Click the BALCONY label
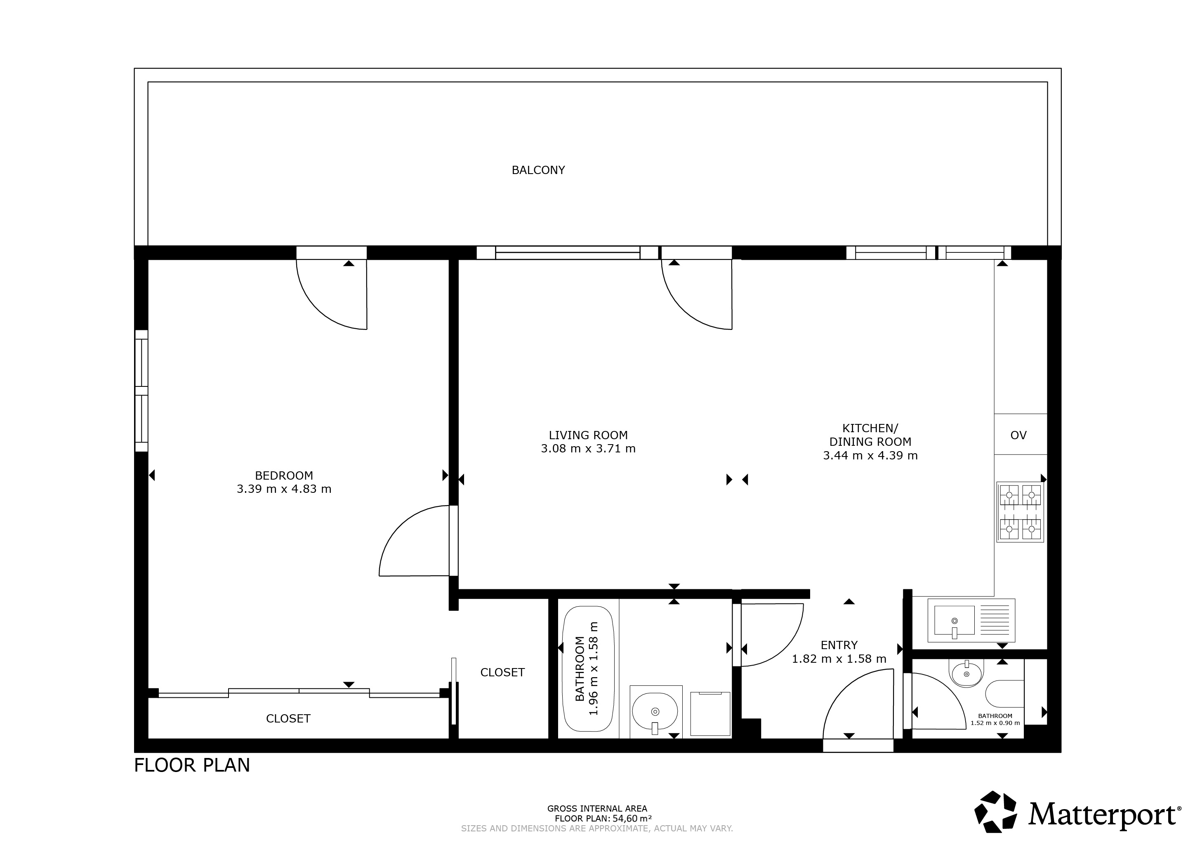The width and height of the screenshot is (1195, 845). (x=538, y=170)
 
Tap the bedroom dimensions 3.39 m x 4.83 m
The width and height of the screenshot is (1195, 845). (x=284, y=489)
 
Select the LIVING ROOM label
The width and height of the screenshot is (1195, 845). (x=588, y=435)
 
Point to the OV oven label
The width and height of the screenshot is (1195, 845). (x=1018, y=435)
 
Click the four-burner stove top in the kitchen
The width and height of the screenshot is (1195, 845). (x=1020, y=512)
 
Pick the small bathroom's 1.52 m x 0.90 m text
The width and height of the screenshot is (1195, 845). (x=995, y=723)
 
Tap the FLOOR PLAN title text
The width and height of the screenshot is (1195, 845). (x=192, y=765)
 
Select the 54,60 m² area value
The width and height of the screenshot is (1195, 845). (x=632, y=819)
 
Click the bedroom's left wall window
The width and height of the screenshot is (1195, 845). (x=141, y=391)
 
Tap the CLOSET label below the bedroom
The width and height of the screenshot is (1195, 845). (x=288, y=718)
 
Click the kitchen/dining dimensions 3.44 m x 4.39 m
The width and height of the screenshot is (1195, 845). (x=870, y=456)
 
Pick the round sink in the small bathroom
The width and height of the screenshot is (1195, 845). (x=967, y=673)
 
